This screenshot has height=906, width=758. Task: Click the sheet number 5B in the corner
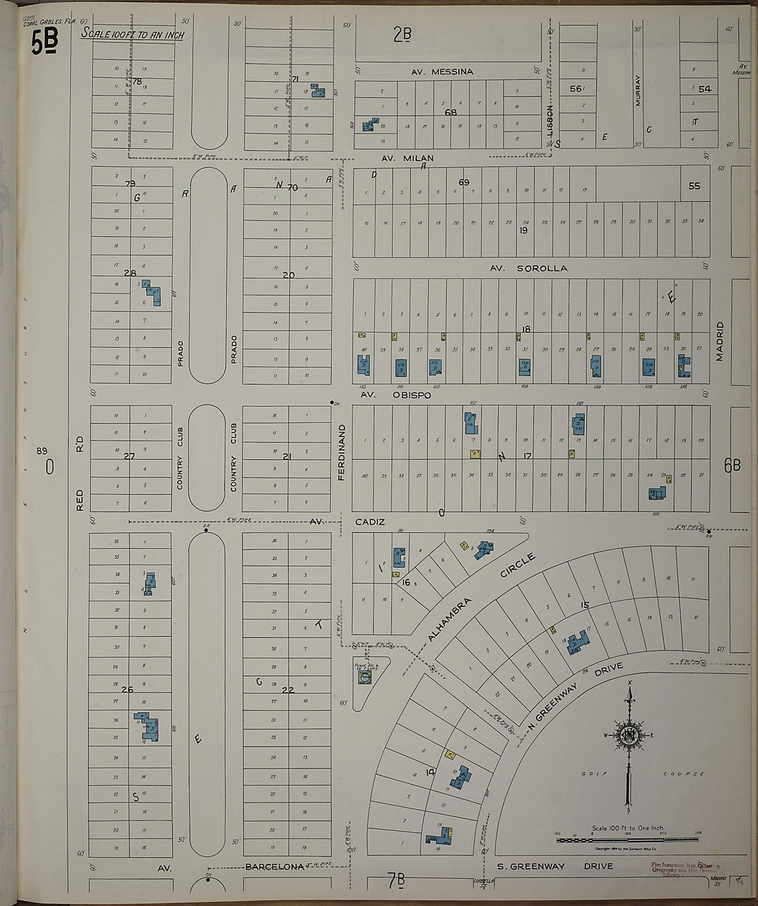[44, 43]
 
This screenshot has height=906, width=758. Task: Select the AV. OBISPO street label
[396, 395]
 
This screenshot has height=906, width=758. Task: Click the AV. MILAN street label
[408, 158]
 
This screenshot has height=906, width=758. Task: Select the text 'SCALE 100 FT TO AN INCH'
[132, 34]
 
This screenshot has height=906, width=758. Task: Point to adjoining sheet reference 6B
[732, 465]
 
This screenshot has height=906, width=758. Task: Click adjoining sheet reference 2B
[402, 33]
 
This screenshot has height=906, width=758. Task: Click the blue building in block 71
[318, 91]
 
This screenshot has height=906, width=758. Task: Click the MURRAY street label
[638, 90]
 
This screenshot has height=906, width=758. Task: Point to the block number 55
[694, 186]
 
